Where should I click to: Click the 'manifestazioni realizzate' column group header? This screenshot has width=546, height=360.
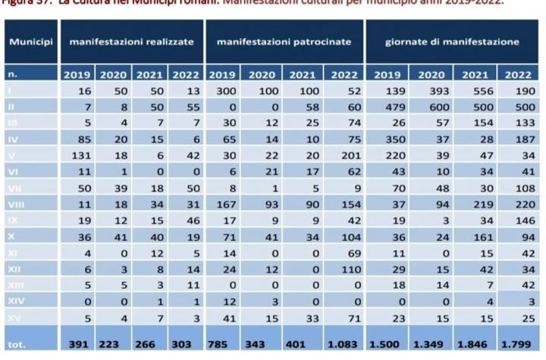click(x=132, y=42)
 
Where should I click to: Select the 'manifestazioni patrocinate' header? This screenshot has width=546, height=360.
click(x=284, y=42)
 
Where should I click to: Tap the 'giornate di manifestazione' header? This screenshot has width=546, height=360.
click(x=453, y=42)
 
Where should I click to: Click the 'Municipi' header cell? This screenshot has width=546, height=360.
click(x=30, y=42)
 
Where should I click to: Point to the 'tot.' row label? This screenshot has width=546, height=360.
click(x=17, y=343)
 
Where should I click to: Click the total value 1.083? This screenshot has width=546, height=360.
click(x=344, y=343)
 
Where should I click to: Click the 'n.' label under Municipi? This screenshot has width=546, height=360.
click(x=13, y=74)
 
